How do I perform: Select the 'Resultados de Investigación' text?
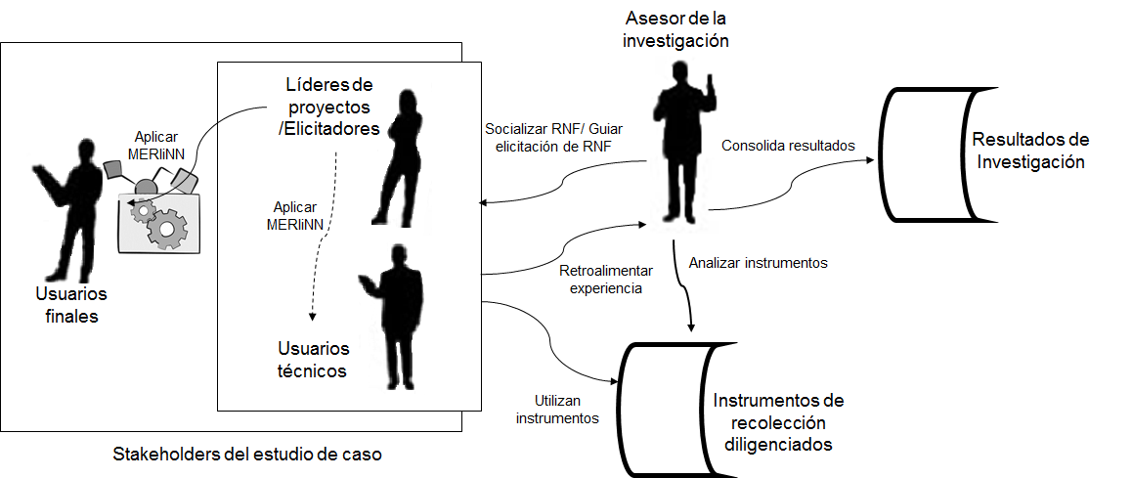pyautogui.click(x=1030, y=151)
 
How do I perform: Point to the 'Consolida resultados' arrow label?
pyautogui.click(x=788, y=146)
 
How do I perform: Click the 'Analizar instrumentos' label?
pyautogui.click(x=758, y=262)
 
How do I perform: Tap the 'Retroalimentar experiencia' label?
pyautogui.click(x=599, y=280)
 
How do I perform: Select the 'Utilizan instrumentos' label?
pyautogui.click(x=558, y=410)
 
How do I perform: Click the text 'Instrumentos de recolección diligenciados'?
pyautogui.click(x=778, y=422)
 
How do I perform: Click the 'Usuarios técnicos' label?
pyautogui.click(x=312, y=360)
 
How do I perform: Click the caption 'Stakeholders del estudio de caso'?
pyautogui.click(x=247, y=455)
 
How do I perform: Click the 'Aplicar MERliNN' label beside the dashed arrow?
pyautogui.click(x=297, y=215)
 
